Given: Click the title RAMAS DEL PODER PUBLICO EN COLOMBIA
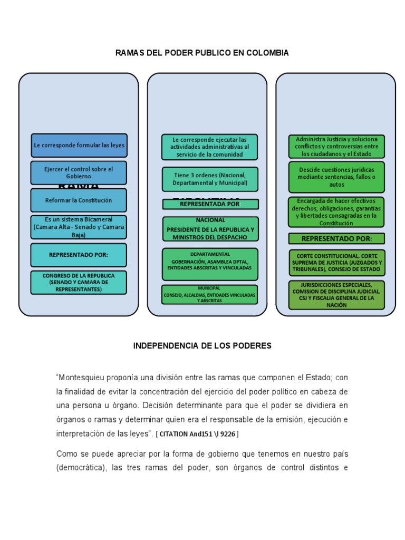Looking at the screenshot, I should coord(202,53).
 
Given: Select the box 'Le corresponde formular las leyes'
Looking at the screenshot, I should coord(79,145).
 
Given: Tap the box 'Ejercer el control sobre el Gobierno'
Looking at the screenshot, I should coord(79,172).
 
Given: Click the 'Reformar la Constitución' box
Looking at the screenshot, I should coord(79,200).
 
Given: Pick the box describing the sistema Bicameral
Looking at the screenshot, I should coord(79,227).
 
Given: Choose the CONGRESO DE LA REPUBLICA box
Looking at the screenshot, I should coord(79,283).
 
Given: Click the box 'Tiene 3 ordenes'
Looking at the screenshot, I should coord(210,179).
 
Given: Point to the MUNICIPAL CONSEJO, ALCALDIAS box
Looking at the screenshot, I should coord(210,295).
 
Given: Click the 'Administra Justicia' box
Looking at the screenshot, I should coord(336,147).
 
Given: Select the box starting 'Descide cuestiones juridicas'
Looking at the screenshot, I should coord(336,177).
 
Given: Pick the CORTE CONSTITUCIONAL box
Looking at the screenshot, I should coord(336,263).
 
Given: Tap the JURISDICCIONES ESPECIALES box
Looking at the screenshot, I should coord(336,295).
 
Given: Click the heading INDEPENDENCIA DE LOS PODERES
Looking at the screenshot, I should coord(202,346).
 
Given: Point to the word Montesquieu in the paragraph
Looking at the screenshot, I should coord(83,378).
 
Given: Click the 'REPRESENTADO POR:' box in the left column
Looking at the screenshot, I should coord(79,255).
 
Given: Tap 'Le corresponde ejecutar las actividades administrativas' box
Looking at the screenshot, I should coord(210,147).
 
